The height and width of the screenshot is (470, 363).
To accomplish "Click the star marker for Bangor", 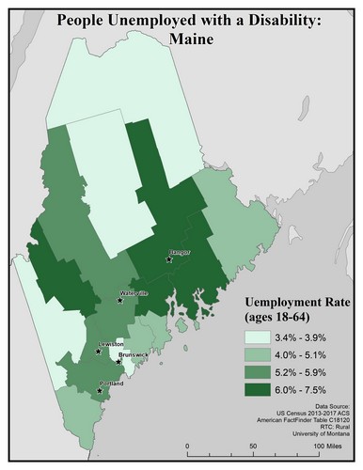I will coord(168,259).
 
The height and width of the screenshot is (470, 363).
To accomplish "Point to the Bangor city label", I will coord(179,252).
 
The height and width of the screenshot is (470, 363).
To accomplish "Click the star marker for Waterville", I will coord(119,301).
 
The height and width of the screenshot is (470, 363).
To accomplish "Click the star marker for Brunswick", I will coord(118,360).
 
